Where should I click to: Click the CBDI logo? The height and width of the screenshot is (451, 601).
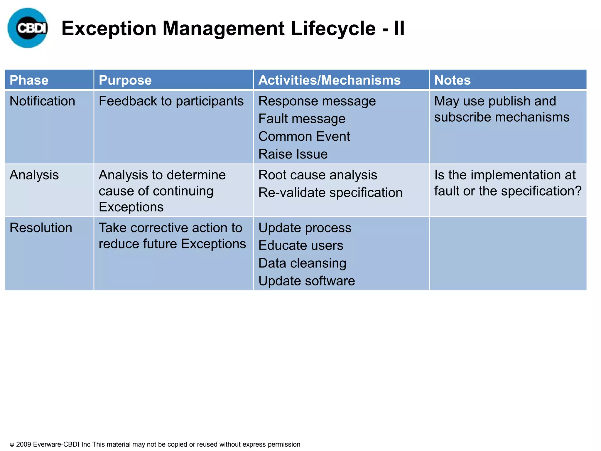[28, 28]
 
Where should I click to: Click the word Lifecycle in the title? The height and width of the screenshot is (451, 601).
[333, 28]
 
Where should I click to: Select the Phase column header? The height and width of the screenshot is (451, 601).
[29, 80]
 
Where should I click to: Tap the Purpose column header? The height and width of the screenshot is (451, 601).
[125, 80]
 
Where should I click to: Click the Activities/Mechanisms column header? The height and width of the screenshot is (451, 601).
[329, 80]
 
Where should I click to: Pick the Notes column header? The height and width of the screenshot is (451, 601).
[452, 80]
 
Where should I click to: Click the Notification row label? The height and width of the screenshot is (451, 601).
[42, 101]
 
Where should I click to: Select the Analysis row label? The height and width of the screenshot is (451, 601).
[34, 175]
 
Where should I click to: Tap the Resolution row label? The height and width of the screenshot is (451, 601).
[41, 228]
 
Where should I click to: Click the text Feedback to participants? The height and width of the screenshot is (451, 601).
[171, 101]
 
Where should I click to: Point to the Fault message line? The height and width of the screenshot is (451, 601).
[302, 119]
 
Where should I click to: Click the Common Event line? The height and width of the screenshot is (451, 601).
[304, 137]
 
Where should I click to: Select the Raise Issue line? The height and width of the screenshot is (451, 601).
[293, 154]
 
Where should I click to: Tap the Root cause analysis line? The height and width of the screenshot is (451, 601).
[318, 175]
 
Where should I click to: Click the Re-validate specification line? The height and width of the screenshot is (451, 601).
[330, 193]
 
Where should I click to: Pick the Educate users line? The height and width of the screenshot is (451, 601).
[300, 245]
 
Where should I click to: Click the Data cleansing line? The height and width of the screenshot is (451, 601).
[302, 263]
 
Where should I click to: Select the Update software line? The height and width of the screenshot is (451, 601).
[306, 281]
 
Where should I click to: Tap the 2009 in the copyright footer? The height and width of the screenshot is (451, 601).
[23, 444]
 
